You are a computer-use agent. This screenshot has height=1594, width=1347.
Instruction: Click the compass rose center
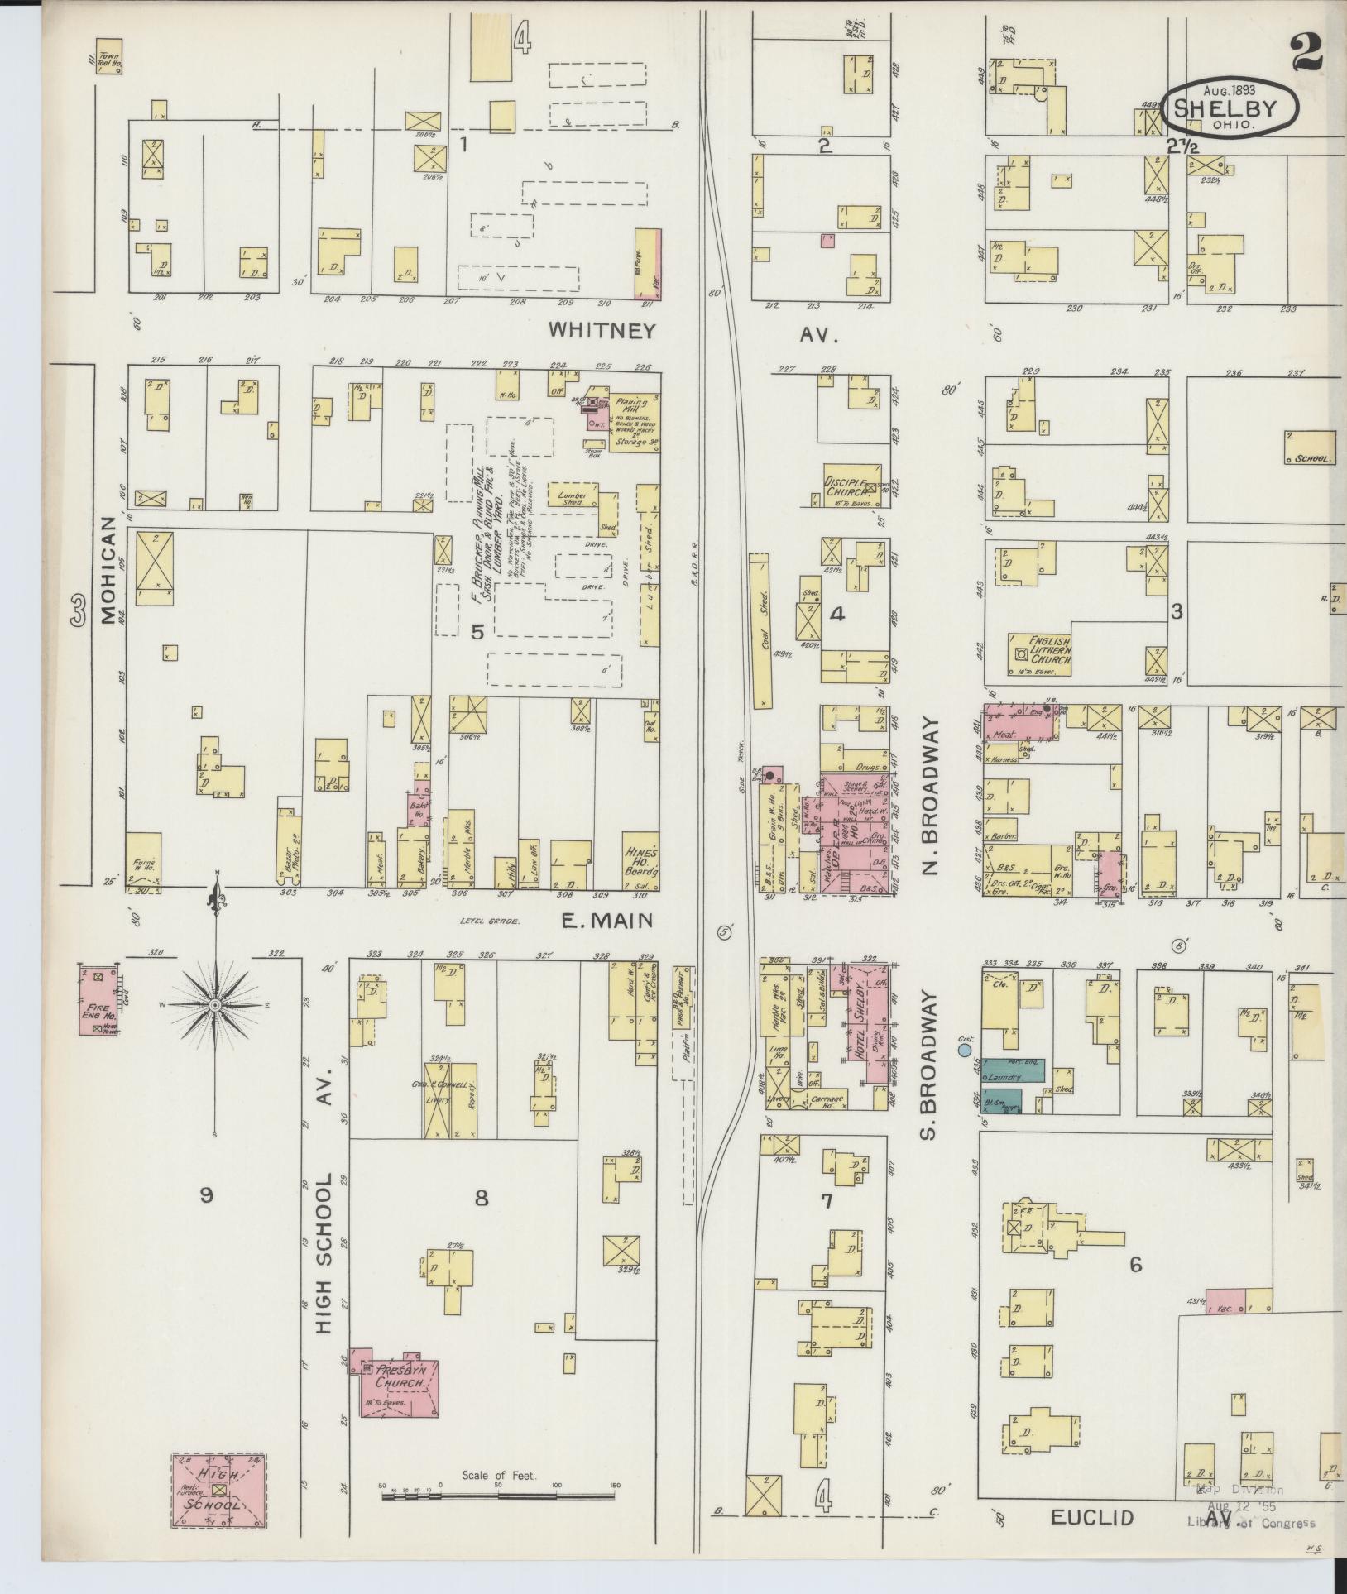pyautogui.click(x=215, y=1004)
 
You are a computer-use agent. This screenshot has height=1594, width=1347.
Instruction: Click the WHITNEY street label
pyautogui.click(x=602, y=332)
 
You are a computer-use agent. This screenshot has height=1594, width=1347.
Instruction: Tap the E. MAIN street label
pyautogui.click(x=607, y=921)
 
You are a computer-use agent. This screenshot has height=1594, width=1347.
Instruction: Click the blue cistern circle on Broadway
pyautogui.click(x=964, y=1051)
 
